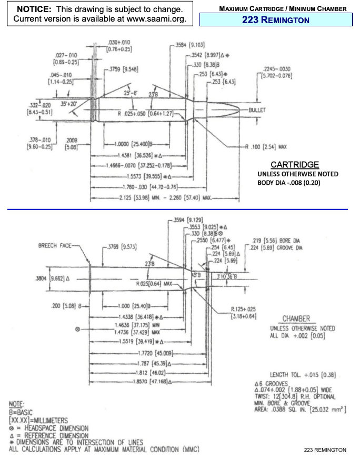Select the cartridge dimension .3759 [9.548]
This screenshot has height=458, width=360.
[123, 68]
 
